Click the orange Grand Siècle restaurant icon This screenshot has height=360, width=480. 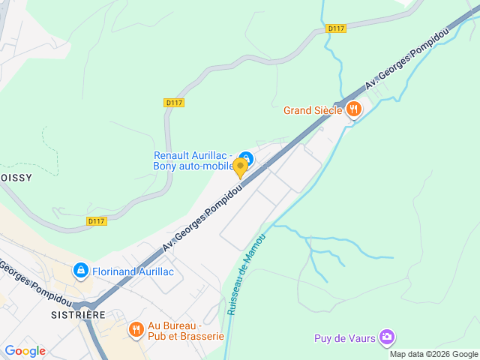point(354,110)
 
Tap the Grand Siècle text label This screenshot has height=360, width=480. point(313,111)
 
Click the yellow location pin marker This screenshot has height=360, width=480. point(241,167)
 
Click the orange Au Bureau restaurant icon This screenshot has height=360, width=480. point(136,328)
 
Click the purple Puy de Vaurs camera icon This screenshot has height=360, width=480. point(387,337)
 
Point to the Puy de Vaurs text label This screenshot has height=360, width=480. point(344,338)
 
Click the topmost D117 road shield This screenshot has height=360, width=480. point(336,28)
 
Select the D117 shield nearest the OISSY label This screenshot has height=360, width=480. point(96,221)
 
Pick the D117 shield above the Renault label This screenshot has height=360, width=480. point(173,102)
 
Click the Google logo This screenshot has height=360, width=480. point(25,350)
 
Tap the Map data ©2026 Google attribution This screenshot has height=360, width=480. point(433,354)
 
